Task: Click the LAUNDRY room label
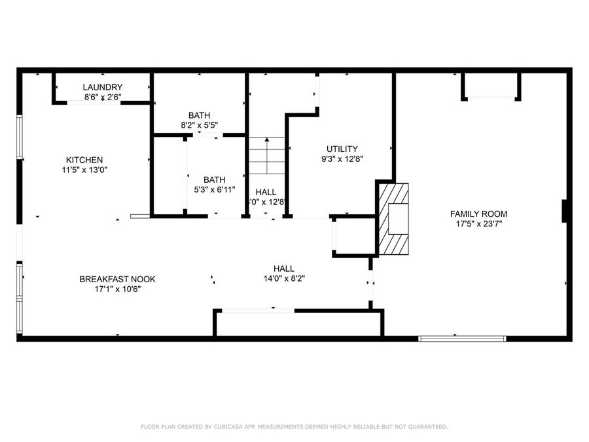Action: (x=103, y=87)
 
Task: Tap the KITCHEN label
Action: (x=84, y=160)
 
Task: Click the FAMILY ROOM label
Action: (x=478, y=213)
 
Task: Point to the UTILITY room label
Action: (x=342, y=149)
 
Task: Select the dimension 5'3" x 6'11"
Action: (x=214, y=189)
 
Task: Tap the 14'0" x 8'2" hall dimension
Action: (x=283, y=278)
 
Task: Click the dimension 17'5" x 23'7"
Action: (x=478, y=223)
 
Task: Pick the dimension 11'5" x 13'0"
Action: (x=84, y=170)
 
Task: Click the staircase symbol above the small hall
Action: (x=266, y=156)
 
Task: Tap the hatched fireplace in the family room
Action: (x=393, y=218)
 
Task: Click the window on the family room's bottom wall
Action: (x=462, y=339)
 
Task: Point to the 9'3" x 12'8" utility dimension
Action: (x=342, y=158)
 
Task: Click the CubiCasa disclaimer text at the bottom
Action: (x=294, y=427)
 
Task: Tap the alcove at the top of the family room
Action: (x=490, y=85)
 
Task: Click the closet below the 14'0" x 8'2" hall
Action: (x=298, y=323)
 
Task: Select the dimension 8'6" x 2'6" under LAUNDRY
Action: (x=103, y=97)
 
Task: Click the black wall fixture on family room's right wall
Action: (x=565, y=212)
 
